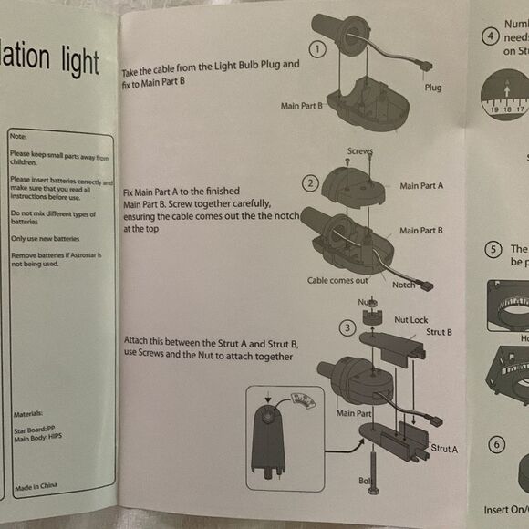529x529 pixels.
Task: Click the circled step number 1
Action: pyautogui.click(x=318, y=48)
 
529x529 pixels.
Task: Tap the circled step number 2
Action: pyautogui.click(x=311, y=183)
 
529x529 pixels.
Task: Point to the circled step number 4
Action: pyautogui.click(x=492, y=37)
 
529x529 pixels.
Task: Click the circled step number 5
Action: pyautogui.click(x=493, y=249)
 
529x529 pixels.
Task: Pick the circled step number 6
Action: pyautogui.click(x=495, y=444)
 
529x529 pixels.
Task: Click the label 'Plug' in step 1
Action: pyautogui.click(x=433, y=88)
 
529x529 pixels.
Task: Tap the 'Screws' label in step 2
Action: pyautogui.click(x=360, y=151)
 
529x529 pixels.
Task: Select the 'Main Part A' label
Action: pyautogui.click(x=421, y=186)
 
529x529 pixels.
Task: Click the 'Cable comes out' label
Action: pyautogui.click(x=337, y=281)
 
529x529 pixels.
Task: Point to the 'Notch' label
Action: pyautogui.click(x=404, y=285)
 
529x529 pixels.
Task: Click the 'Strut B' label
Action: pyautogui.click(x=439, y=332)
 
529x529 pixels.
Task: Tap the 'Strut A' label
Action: pyautogui.click(x=444, y=448)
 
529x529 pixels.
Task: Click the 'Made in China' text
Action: pyautogui.click(x=36, y=486)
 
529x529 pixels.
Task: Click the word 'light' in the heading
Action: pyautogui.click(x=74, y=61)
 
